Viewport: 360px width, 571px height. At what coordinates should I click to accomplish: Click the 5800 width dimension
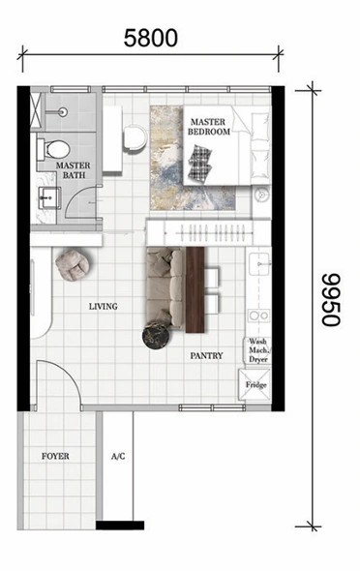(x=151, y=39)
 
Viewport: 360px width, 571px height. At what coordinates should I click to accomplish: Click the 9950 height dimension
(x=331, y=299)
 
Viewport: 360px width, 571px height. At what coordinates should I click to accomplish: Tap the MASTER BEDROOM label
(x=209, y=127)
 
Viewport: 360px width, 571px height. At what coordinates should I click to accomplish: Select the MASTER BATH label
(x=74, y=170)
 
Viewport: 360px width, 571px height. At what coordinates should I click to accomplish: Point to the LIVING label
(x=104, y=306)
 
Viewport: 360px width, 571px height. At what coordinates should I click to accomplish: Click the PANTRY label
(x=206, y=355)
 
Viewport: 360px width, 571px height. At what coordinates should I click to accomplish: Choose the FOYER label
(x=55, y=456)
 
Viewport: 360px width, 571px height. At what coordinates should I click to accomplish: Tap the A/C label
(x=118, y=456)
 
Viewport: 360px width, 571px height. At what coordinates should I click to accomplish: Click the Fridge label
(x=255, y=385)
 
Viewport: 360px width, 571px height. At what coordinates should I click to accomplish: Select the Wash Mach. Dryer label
(x=258, y=350)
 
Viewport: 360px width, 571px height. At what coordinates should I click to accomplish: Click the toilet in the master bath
(x=53, y=149)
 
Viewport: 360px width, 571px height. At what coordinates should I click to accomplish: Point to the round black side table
(x=156, y=336)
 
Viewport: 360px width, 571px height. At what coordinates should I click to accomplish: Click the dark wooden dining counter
(x=195, y=290)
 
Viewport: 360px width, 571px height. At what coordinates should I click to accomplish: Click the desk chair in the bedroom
(x=135, y=138)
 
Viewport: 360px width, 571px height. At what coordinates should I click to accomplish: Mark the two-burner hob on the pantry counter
(x=259, y=316)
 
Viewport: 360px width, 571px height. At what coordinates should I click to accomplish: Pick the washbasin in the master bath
(x=49, y=198)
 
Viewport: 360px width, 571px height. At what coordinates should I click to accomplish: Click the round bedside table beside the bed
(x=262, y=195)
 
